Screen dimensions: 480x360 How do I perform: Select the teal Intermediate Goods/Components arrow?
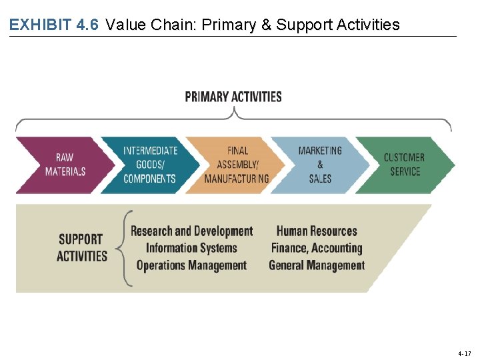[x=149, y=165]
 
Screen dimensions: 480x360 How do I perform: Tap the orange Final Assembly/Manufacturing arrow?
[x=237, y=165]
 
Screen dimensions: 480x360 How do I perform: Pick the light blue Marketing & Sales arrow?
[x=320, y=165]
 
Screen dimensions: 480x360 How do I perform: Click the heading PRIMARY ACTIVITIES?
[x=233, y=97]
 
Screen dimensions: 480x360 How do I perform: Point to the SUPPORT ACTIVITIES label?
[x=81, y=247]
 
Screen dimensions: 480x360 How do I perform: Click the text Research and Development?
[x=191, y=231]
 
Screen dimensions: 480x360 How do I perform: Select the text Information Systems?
[x=191, y=248]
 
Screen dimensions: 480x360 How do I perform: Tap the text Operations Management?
[x=191, y=265]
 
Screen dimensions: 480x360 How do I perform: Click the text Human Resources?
[x=317, y=231]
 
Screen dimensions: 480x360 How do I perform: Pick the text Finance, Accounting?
[x=317, y=248]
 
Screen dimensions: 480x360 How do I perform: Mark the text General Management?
[x=317, y=265]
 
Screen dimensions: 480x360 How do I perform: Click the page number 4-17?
[x=464, y=353]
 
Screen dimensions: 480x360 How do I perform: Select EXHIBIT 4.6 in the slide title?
[x=54, y=25]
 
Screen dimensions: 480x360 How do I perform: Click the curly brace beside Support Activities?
[x=124, y=248]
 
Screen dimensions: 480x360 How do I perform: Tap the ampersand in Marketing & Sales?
[x=320, y=165]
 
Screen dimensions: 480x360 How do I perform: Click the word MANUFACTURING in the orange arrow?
[x=237, y=179]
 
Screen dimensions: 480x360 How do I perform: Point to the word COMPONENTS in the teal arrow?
[x=149, y=179]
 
